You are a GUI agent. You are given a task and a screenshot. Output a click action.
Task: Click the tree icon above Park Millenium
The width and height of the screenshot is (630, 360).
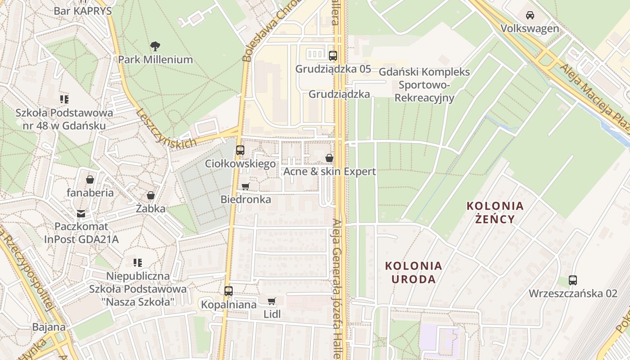[x=155, y=46]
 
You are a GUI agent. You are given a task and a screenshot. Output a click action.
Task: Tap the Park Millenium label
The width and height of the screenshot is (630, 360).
[x=155, y=59]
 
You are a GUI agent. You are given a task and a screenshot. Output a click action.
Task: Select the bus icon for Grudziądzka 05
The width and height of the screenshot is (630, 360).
[x=333, y=56]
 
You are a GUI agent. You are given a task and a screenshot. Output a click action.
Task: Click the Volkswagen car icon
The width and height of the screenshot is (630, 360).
[x=530, y=15]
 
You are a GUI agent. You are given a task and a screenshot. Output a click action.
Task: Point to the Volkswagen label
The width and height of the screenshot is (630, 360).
[x=530, y=29]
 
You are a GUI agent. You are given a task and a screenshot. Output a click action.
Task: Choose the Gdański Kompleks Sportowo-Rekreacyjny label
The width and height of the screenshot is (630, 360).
[x=424, y=85]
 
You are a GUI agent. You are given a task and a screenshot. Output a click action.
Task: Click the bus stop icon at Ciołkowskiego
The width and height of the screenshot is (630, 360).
[x=240, y=150]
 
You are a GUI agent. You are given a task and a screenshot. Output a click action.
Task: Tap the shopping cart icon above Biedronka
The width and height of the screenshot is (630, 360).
[x=245, y=186]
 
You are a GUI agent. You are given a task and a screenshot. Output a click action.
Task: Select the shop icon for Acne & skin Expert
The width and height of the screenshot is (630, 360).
[x=329, y=158]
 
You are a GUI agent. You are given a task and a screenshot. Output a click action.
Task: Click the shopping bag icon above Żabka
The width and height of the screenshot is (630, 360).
[x=151, y=196]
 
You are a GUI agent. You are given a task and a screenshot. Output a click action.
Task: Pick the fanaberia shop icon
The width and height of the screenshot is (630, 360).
[x=90, y=180]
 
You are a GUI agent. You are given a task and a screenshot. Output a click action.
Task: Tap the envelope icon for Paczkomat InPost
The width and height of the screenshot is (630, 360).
[x=81, y=213]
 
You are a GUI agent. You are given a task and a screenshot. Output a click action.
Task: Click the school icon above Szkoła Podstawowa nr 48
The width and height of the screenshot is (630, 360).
[x=64, y=99]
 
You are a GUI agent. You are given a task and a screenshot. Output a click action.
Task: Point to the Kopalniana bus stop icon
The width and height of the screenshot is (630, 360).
[x=229, y=291]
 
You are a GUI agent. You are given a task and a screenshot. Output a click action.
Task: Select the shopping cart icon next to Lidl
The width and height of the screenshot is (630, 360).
[x=271, y=301]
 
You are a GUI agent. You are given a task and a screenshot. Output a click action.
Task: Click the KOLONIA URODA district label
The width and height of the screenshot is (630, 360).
[x=414, y=272]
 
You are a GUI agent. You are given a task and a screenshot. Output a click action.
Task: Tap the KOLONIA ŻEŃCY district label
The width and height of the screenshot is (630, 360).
[x=495, y=212]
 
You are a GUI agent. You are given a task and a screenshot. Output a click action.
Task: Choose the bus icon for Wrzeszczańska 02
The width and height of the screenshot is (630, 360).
[x=573, y=280]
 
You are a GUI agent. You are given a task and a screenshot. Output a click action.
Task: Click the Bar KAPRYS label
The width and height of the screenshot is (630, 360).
[x=82, y=11]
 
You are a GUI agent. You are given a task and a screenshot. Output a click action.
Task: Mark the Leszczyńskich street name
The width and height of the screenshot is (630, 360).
[x=166, y=129]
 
